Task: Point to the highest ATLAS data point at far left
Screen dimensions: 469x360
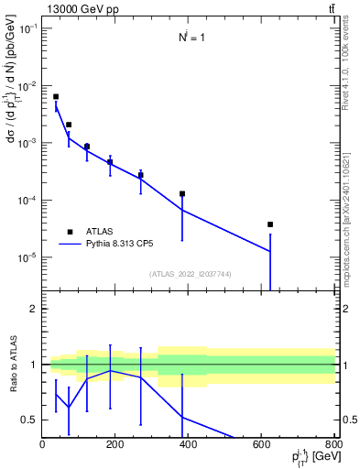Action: click(x=56, y=96)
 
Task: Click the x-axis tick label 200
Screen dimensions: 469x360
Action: click(x=115, y=445)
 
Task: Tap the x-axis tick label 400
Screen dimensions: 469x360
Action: click(x=189, y=445)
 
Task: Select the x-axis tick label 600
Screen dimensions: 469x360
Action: click(x=262, y=445)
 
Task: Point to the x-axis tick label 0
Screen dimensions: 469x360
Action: click(x=42, y=445)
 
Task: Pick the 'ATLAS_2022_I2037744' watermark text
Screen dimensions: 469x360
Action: click(x=189, y=274)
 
